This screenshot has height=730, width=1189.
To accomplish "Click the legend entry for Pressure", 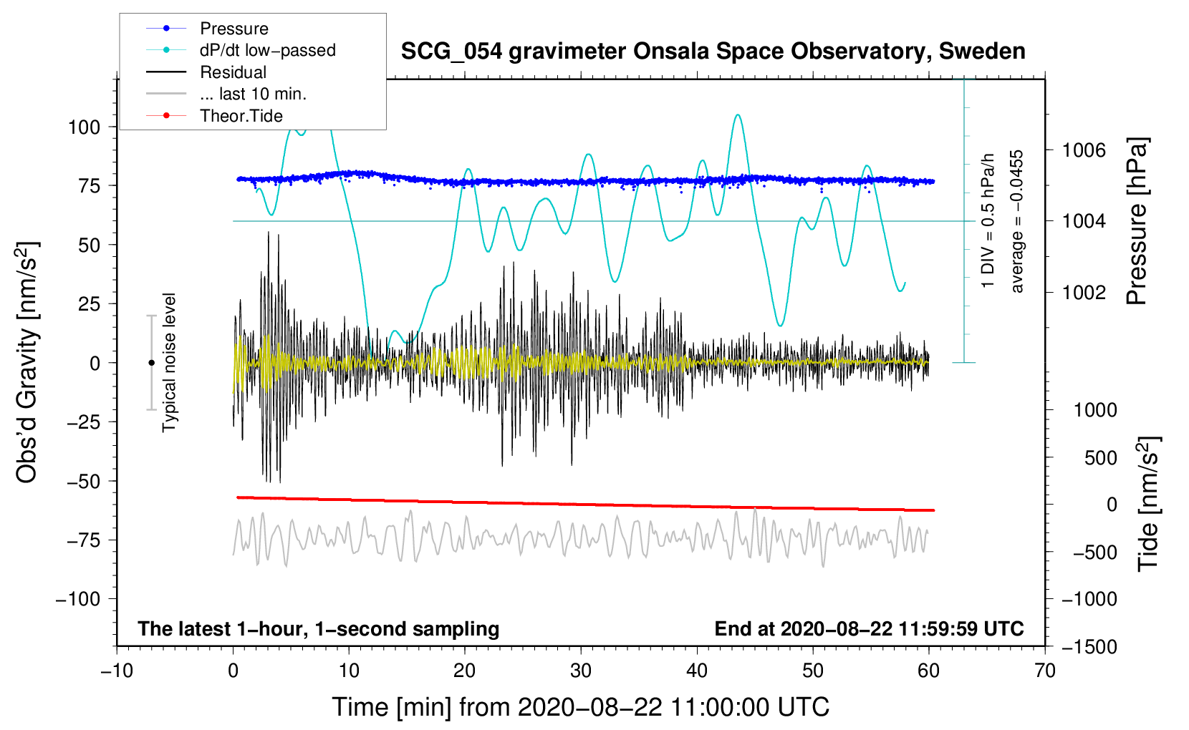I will pos(234,29).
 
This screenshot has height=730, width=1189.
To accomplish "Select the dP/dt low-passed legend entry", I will pos(267,50).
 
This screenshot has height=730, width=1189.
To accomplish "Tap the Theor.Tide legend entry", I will pos(241,116).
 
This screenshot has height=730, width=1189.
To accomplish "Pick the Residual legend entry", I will pos(233,72).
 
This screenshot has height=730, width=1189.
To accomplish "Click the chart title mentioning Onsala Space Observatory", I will pos(713,52).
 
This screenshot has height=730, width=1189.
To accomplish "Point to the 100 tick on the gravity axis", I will pos(84,127).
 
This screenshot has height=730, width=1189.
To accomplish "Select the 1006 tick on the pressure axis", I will pos(1084,150).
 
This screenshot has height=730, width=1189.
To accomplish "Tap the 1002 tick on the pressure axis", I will pos(1084,292).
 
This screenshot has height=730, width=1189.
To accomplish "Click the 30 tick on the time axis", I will pos(581,671).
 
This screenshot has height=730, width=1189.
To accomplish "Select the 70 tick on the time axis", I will pos(1045,671).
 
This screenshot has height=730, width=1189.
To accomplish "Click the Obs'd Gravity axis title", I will pos(27,363).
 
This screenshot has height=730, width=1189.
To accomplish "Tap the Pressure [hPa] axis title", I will pos(1137,222).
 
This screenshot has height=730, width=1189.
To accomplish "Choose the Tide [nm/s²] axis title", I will pos(1148,503).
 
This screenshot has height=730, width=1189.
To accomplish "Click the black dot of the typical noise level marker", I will pos(151,363).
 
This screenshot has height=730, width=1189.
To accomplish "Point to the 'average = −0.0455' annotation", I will pos(1017,221).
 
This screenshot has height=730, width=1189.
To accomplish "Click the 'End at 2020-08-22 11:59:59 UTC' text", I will pos(869,629).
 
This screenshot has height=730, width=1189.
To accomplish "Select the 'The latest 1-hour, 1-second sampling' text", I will pos(319,629).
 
